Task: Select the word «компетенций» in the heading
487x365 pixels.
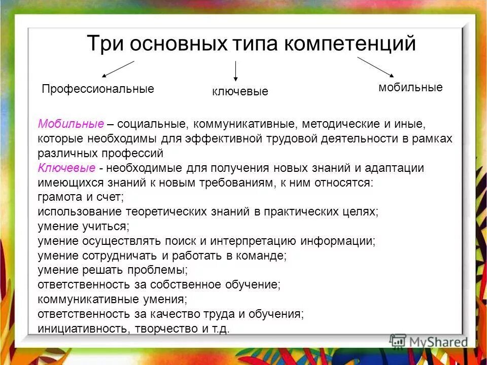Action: (350, 44)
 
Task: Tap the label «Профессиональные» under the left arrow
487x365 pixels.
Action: (98, 89)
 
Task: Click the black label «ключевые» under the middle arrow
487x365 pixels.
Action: (240, 92)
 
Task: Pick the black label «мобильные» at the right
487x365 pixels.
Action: (410, 87)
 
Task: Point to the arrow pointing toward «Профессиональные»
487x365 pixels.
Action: (118, 69)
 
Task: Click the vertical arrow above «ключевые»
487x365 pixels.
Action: (235, 71)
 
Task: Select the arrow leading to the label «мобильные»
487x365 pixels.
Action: (375, 67)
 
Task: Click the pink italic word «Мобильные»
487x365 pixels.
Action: (71, 124)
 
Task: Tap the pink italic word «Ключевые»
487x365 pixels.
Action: (66, 168)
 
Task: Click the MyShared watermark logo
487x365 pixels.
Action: (428, 342)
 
